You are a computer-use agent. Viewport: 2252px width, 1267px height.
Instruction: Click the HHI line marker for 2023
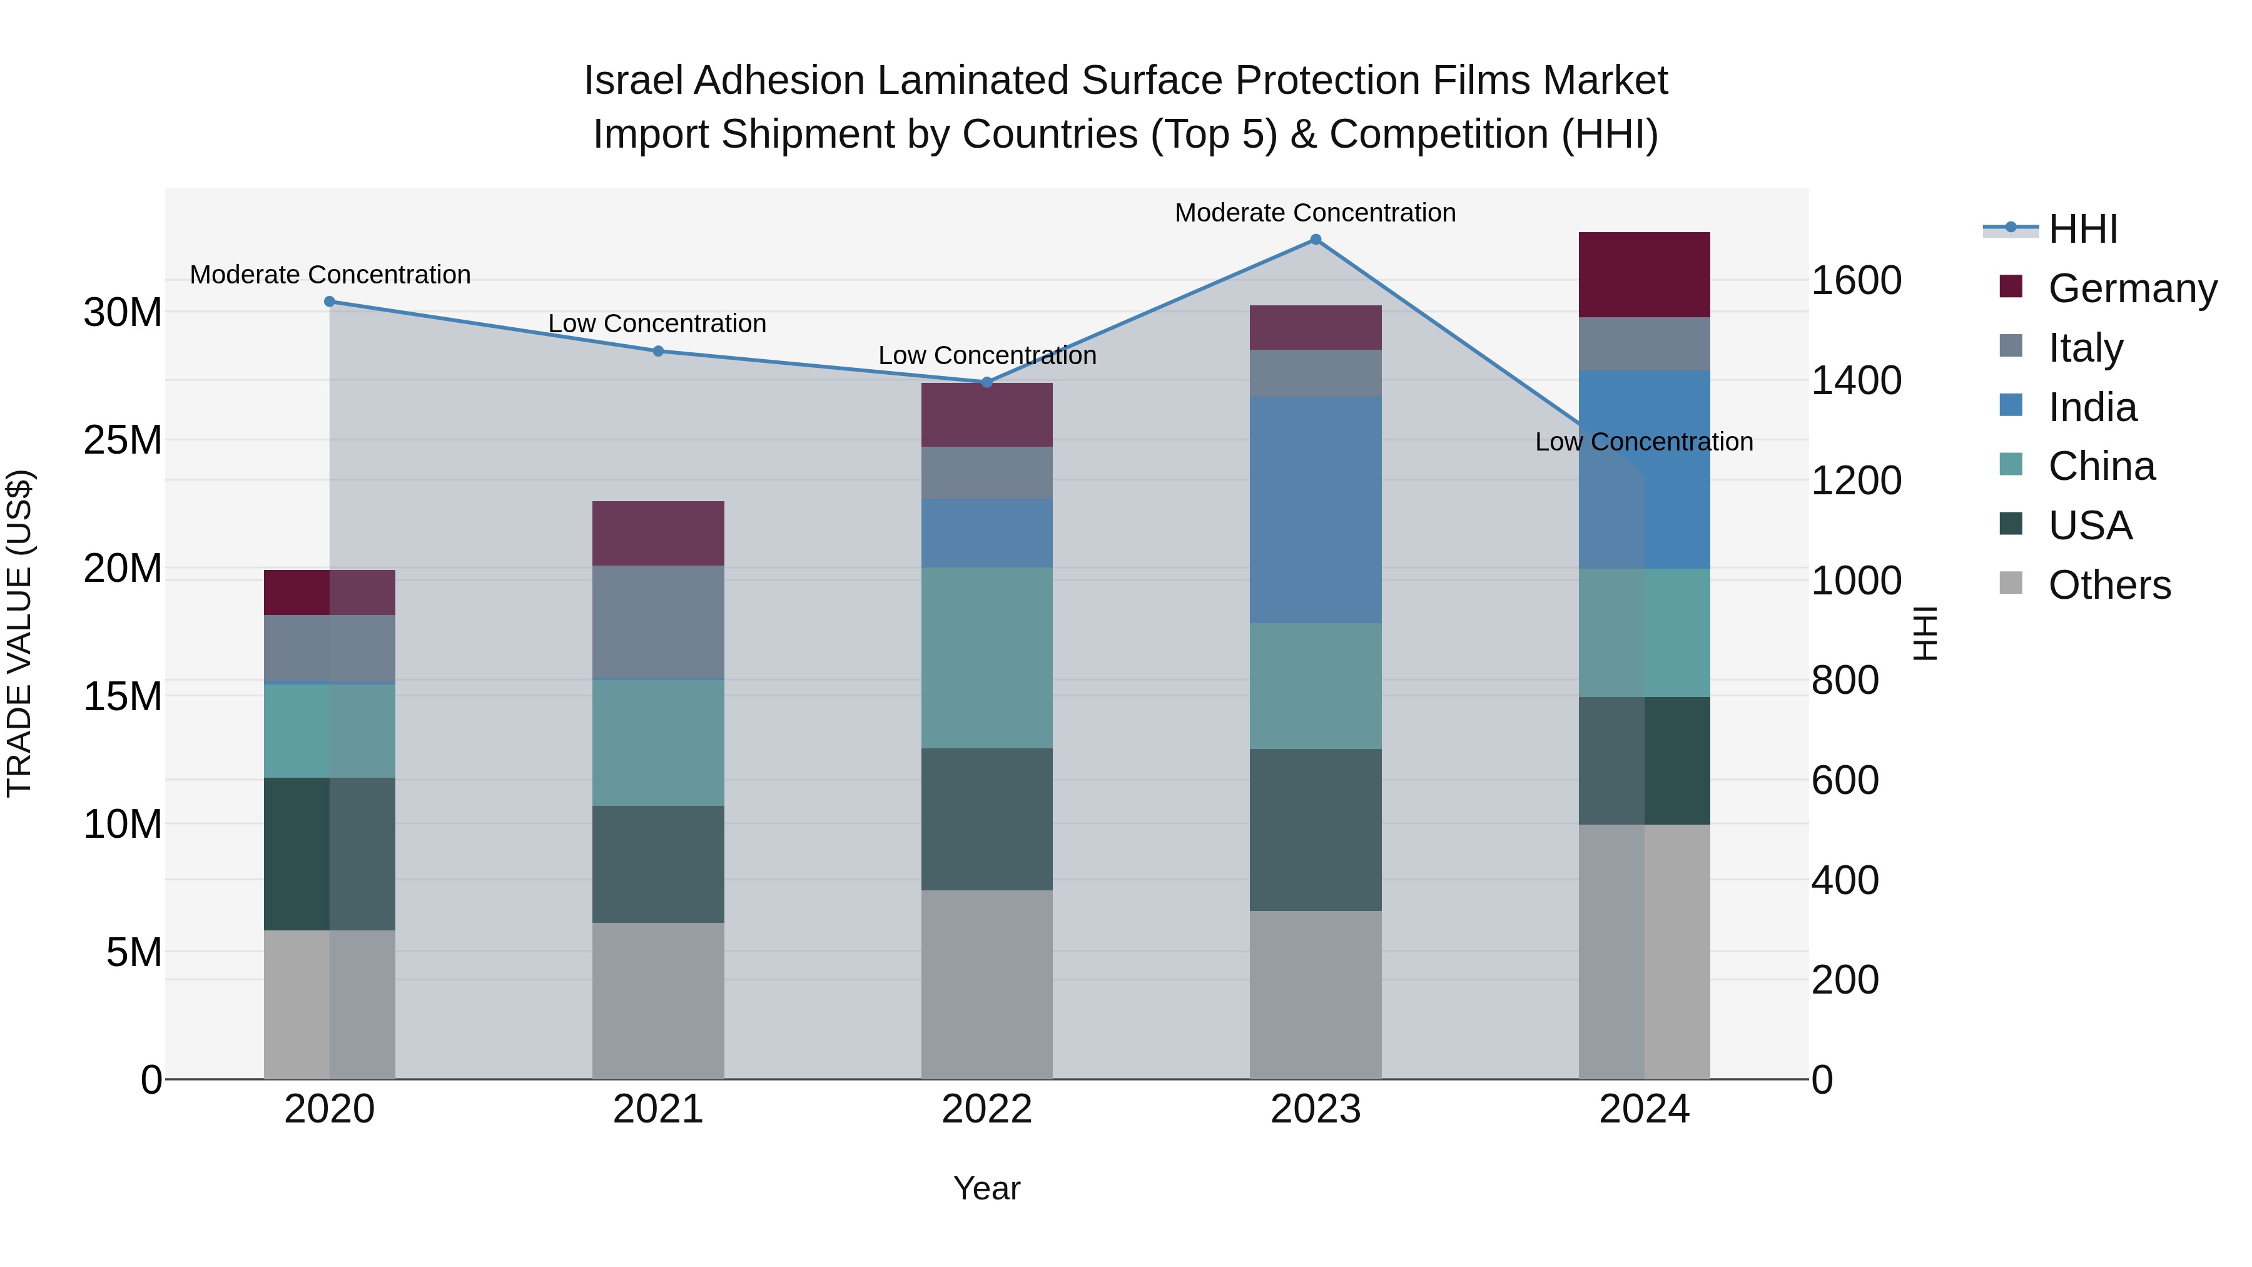click(x=1315, y=240)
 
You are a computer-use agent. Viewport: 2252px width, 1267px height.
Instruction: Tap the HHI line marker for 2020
click(x=330, y=302)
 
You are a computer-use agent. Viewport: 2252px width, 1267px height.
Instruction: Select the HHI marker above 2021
click(x=658, y=352)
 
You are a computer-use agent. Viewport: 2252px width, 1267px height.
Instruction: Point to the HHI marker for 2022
click(x=987, y=382)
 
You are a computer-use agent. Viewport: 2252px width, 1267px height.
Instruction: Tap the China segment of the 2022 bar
click(x=987, y=658)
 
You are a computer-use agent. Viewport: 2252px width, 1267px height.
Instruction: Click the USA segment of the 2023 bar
click(x=1315, y=829)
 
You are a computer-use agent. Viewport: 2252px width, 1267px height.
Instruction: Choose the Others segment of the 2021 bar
click(x=658, y=1000)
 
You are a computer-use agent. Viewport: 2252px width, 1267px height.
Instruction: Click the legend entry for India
click(x=2092, y=407)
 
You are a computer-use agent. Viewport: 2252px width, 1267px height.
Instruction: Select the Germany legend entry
click(x=2131, y=288)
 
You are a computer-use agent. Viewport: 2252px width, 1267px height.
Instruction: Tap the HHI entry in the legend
click(x=2082, y=229)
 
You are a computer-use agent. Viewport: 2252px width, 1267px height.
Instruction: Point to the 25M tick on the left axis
click(x=123, y=440)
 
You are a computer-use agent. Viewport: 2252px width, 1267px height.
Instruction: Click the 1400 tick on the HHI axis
click(x=1855, y=380)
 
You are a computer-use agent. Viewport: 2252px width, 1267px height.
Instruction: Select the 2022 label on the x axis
click(x=987, y=1109)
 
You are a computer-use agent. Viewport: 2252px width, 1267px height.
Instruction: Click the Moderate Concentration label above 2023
click(x=1315, y=213)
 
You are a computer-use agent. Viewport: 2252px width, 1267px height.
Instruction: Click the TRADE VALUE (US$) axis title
click(x=19, y=633)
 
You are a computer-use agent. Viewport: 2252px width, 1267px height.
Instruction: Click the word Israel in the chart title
click(x=636, y=81)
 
